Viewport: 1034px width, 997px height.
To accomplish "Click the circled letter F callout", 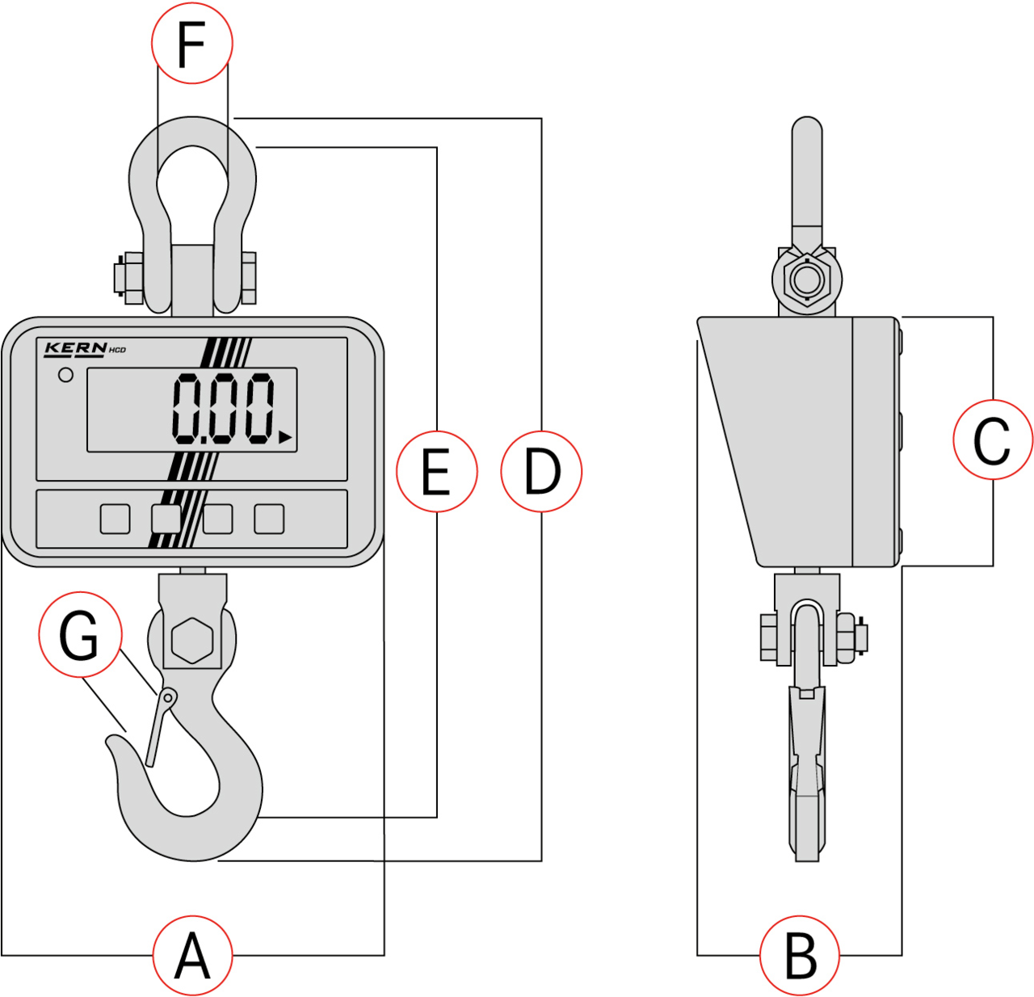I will click(x=192, y=43).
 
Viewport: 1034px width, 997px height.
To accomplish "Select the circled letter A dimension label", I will click(x=193, y=956).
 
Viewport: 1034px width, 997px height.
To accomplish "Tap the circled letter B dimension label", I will click(x=800, y=956).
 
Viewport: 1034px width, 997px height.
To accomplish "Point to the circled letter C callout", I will click(x=993, y=440).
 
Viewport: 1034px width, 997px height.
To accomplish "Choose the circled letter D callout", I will click(x=541, y=471).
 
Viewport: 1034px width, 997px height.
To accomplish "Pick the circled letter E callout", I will click(x=437, y=471).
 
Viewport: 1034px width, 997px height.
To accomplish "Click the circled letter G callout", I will click(x=80, y=634).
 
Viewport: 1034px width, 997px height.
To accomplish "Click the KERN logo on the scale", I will click(x=75, y=348).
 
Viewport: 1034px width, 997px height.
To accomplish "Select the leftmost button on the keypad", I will click(x=115, y=519).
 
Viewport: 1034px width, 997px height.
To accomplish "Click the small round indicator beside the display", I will click(x=65, y=375).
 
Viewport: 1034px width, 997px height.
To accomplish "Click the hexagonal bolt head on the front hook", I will click(x=192, y=641).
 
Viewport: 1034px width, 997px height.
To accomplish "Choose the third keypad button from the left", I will click(x=218, y=519).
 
